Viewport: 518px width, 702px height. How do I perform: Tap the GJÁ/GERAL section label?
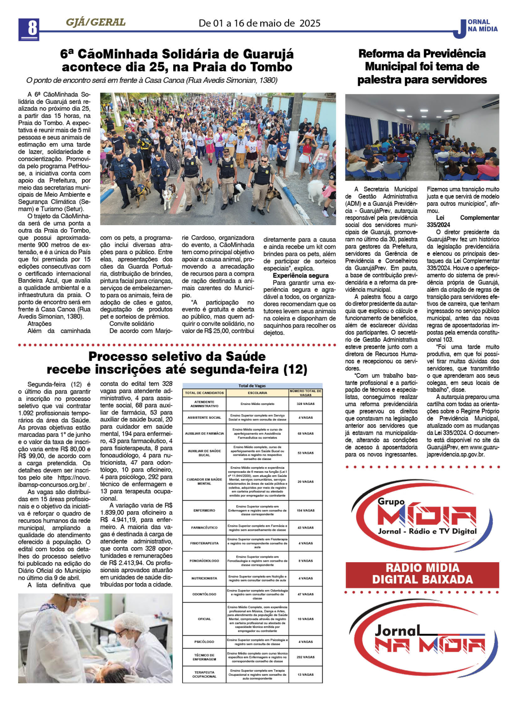click(96, 23)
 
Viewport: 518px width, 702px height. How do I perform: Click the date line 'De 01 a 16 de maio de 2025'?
click(259, 23)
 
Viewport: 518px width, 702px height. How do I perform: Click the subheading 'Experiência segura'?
click(300, 276)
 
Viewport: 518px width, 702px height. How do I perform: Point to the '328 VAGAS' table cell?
click(306, 404)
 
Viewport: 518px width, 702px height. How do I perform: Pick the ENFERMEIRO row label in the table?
click(204, 510)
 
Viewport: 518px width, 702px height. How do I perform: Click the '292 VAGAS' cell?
click(306, 657)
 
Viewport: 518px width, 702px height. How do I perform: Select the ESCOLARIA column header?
click(257, 393)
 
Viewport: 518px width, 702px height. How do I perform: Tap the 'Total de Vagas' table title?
click(252, 386)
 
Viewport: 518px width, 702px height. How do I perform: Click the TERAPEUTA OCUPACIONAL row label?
click(204, 675)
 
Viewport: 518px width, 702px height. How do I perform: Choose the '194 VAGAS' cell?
click(306, 510)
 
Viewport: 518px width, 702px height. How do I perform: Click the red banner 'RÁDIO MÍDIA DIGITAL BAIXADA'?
click(422, 574)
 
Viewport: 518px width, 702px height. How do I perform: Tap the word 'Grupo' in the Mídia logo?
click(391, 502)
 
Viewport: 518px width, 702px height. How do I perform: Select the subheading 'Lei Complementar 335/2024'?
click(463, 221)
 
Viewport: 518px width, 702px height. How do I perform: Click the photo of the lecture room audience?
click(422, 137)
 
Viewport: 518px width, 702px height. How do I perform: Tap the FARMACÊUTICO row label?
click(204, 528)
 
